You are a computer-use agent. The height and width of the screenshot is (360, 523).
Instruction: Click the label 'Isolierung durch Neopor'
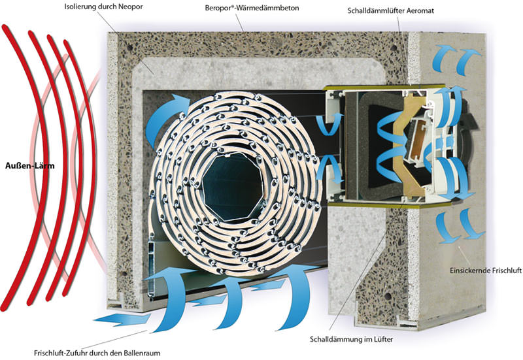(103, 7)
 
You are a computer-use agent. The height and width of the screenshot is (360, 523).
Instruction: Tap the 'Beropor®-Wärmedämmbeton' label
(252, 8)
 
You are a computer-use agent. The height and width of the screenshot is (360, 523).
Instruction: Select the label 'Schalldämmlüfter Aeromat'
(390, 10)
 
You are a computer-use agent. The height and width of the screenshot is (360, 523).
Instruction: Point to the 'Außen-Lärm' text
(29, 165)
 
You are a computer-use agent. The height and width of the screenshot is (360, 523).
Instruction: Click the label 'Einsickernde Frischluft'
(485, 270)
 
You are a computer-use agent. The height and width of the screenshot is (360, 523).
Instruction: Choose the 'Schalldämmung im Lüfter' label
(351, 339)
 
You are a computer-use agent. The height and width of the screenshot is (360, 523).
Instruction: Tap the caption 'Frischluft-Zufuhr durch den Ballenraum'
(97, 353)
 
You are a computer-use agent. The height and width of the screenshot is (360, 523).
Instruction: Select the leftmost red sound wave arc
(20, 167)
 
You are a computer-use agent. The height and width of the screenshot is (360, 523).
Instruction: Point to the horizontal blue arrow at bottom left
(122, 319)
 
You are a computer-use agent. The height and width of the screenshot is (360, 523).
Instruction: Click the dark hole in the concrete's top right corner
(394, 47)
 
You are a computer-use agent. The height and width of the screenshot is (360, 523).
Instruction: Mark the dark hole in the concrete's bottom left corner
(124, 274)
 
